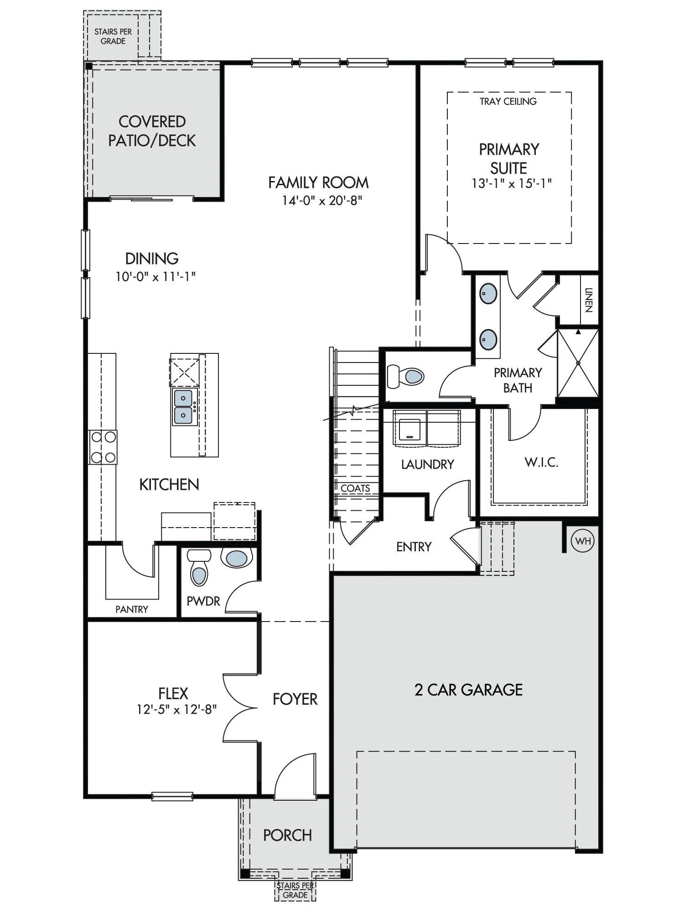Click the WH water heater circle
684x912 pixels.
click(583, 541)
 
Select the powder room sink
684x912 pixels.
click(236, 558)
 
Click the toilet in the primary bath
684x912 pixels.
click(405, 376)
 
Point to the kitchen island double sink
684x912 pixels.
click(184, 407)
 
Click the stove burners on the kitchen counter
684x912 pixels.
click(103, 447)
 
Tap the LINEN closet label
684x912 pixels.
click(589, 300)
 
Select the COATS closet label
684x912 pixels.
click(355, 488)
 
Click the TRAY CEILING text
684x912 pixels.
click(508, 101)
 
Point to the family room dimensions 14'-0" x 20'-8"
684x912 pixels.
click(322, 201)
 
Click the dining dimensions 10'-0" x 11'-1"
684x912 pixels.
click(155, 276)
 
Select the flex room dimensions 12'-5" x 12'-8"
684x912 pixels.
click(177, 709)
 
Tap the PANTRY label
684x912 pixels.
click(132, 609)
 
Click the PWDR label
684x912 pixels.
click(203, 601)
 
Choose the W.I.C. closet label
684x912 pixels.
click(541, 462)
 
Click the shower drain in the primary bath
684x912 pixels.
click(578, 363)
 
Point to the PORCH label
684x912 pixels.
click(288, 835)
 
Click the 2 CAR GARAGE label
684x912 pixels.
click(468, 690)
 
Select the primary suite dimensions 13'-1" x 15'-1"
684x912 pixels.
click(512, 183)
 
